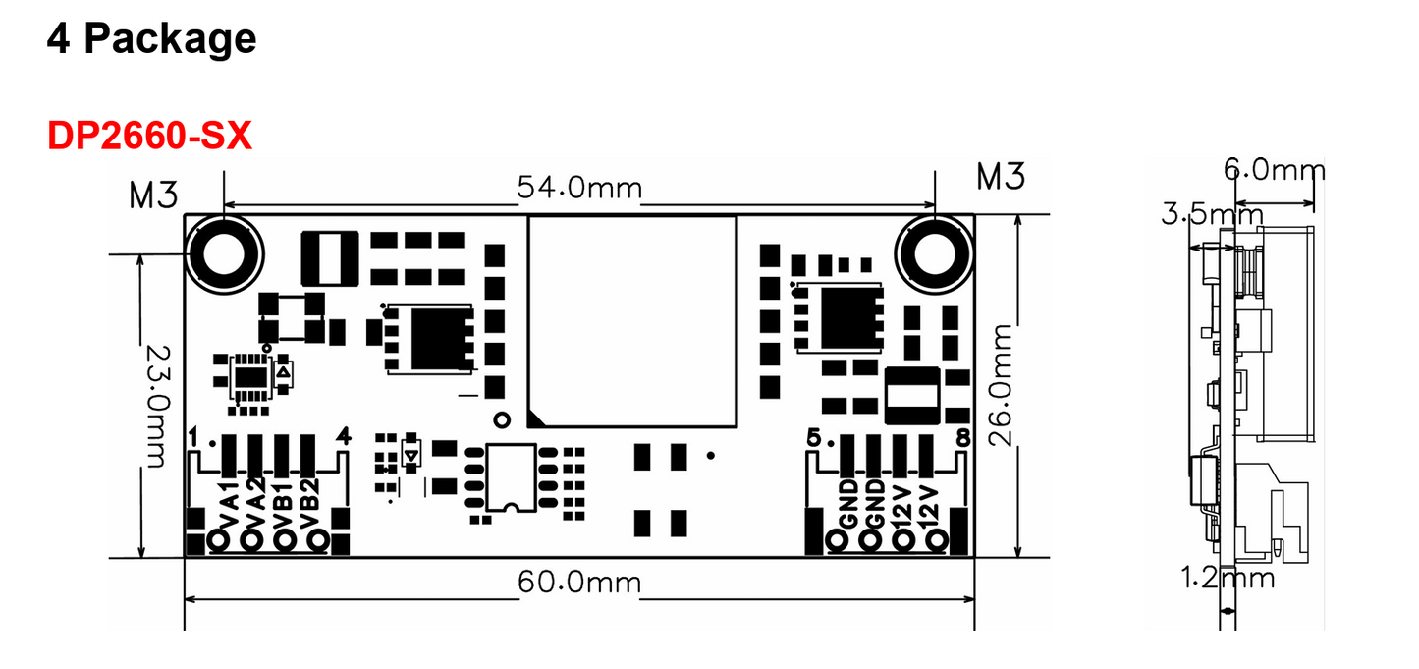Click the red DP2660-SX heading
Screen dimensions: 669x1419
click(x=149, y=137)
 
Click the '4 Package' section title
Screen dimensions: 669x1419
click(x=151, y=39)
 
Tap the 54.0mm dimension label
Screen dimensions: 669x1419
click(x=579, y=187)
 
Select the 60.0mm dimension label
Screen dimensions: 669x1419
click(x=579, y=583)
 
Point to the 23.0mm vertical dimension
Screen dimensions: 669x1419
click(x=155, y=405)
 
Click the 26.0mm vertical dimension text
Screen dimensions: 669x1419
click(x=1001, y=385)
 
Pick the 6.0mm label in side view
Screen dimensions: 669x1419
click(x=1274, y=170)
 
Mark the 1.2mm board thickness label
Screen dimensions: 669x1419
click(x=1228, y=578)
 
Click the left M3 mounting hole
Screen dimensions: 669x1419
click(x=225, y=253)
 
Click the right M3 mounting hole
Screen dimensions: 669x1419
click(x=934, y=253)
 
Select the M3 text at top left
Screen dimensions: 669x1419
click(x=153, y=195)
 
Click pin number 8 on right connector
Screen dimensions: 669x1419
click(x=962, y=439)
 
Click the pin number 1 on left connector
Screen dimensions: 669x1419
click(x=195, y=435)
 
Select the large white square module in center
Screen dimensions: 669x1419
click(x=632, y=321)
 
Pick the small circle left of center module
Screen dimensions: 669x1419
click(x=503, y=419)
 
